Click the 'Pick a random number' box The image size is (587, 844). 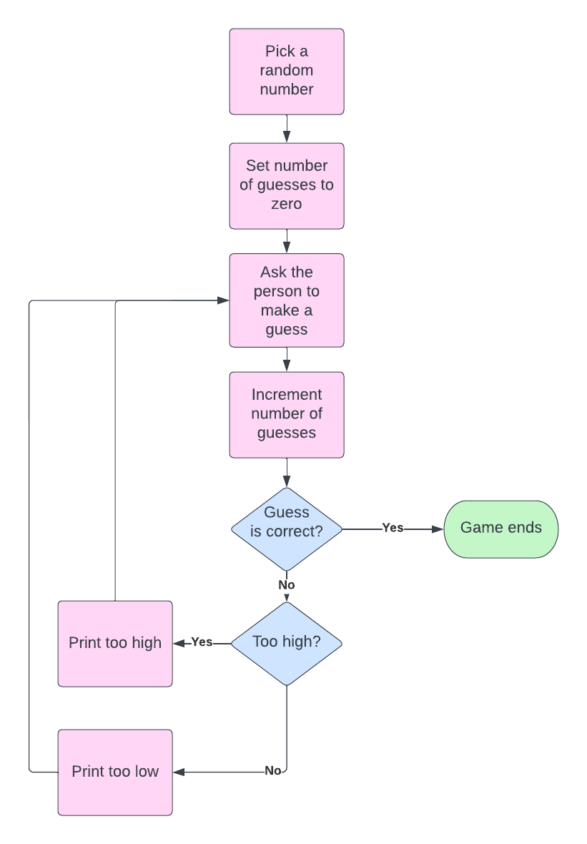(286, 72)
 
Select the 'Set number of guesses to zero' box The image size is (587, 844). (286, 186)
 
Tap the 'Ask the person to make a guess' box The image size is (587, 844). (286, 300)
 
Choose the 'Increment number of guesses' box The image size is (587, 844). (286, 415)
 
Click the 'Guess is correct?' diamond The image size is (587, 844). (286, 529)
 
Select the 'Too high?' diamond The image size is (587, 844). (286, 643)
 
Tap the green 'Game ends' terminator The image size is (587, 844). (500, 529)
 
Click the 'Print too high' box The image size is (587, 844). (115, 644)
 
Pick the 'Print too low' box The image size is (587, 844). (115, 772)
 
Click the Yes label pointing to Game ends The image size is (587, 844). (393, 528)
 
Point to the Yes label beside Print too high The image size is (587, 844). (202, 642)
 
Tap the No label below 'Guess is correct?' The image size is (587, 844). (287, 585)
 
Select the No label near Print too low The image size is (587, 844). (272, 771)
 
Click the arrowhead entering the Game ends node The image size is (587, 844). (438, 529)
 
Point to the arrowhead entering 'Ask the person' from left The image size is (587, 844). (223, 301)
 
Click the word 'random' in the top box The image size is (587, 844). (286, 70)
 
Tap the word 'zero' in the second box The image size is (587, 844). (286, 204)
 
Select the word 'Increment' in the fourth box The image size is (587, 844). (286, 395)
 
